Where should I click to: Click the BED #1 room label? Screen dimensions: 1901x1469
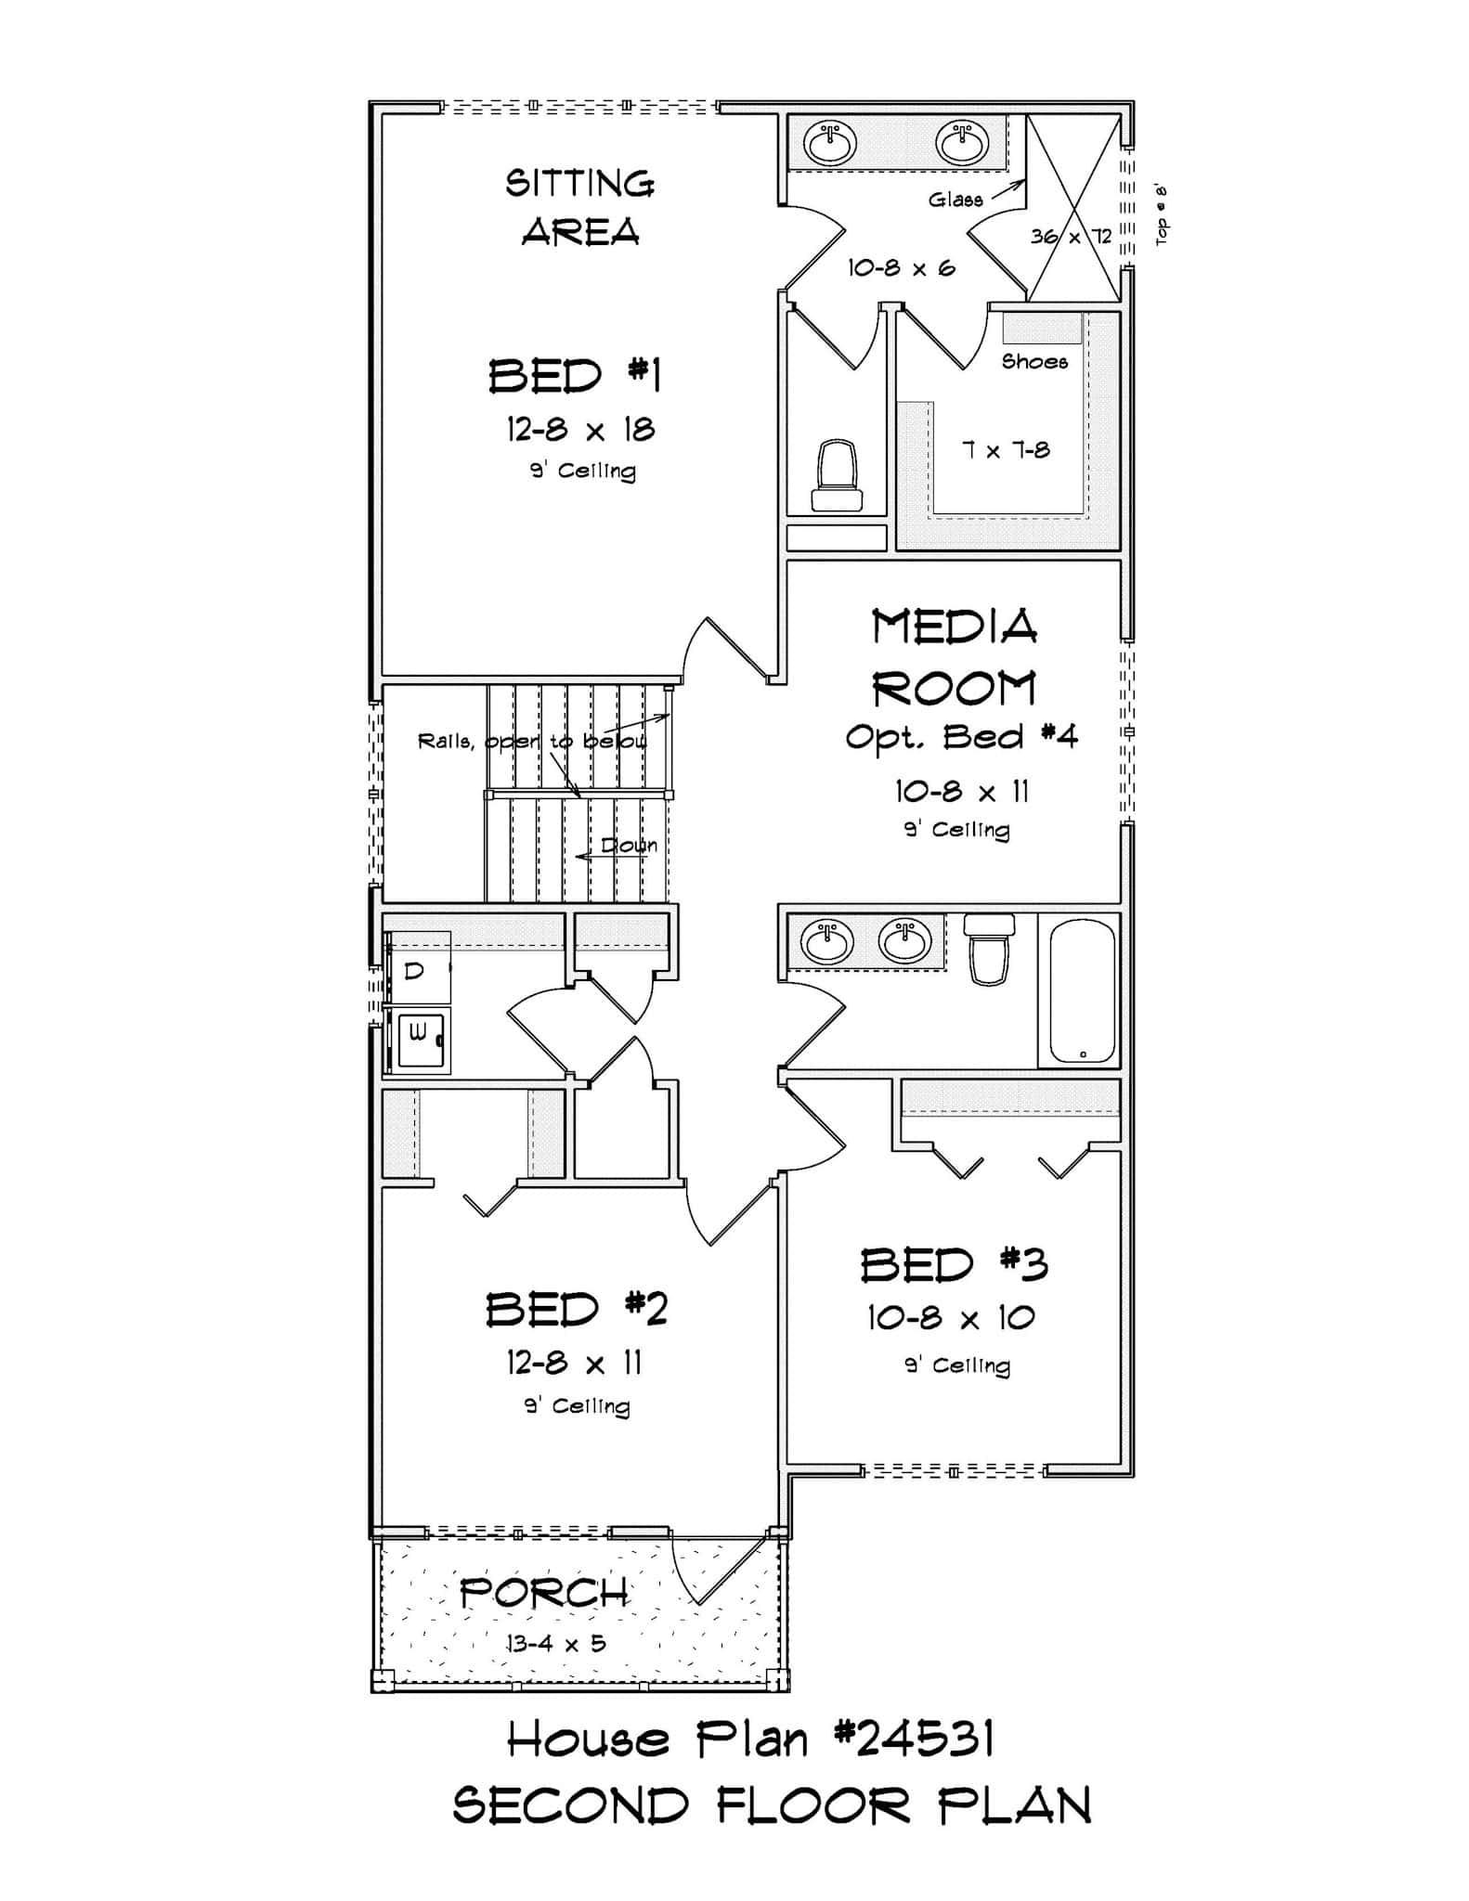575,377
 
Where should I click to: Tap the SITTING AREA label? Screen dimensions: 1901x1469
580,207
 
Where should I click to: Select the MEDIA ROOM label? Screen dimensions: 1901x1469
955,657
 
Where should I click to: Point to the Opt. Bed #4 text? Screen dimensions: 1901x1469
961,737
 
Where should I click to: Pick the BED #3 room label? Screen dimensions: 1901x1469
954,1265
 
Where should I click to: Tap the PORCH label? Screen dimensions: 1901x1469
544,1594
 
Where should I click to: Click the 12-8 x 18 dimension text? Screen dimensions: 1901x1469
580,430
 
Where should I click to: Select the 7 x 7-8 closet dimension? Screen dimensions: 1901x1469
1006,451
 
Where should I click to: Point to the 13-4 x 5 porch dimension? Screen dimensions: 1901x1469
555,1644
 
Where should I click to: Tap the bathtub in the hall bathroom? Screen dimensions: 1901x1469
1082,989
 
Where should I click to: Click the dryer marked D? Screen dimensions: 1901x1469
417,971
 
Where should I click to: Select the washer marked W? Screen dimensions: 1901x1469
420,1034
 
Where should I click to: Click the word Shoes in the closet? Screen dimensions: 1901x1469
1034,362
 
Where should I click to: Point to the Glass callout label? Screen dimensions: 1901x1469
955,200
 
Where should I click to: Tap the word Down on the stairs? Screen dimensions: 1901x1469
629,846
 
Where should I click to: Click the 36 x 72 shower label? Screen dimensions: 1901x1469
1071,237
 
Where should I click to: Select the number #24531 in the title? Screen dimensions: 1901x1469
914,1739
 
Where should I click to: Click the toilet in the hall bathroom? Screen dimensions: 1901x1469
989,949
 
